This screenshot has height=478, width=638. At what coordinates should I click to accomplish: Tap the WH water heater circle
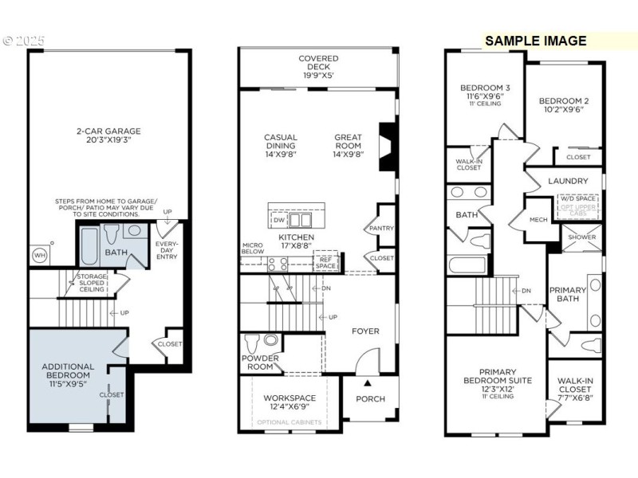38,255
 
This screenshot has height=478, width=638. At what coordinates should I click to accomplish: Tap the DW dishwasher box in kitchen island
279,219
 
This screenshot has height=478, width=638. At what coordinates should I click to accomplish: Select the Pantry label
383,228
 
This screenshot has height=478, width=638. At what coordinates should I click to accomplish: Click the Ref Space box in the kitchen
325,262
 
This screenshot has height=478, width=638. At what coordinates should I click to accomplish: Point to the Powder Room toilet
253,343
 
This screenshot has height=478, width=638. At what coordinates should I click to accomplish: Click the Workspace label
289,398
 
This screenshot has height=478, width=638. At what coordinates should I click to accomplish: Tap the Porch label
369,398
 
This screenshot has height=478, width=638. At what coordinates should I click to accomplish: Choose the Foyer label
366,331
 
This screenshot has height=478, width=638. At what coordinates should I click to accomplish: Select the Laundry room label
568,181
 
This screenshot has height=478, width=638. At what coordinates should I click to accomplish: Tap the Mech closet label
538,220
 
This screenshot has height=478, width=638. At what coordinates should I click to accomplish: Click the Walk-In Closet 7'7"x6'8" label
575,390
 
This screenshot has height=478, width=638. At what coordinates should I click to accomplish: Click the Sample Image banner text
535,41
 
